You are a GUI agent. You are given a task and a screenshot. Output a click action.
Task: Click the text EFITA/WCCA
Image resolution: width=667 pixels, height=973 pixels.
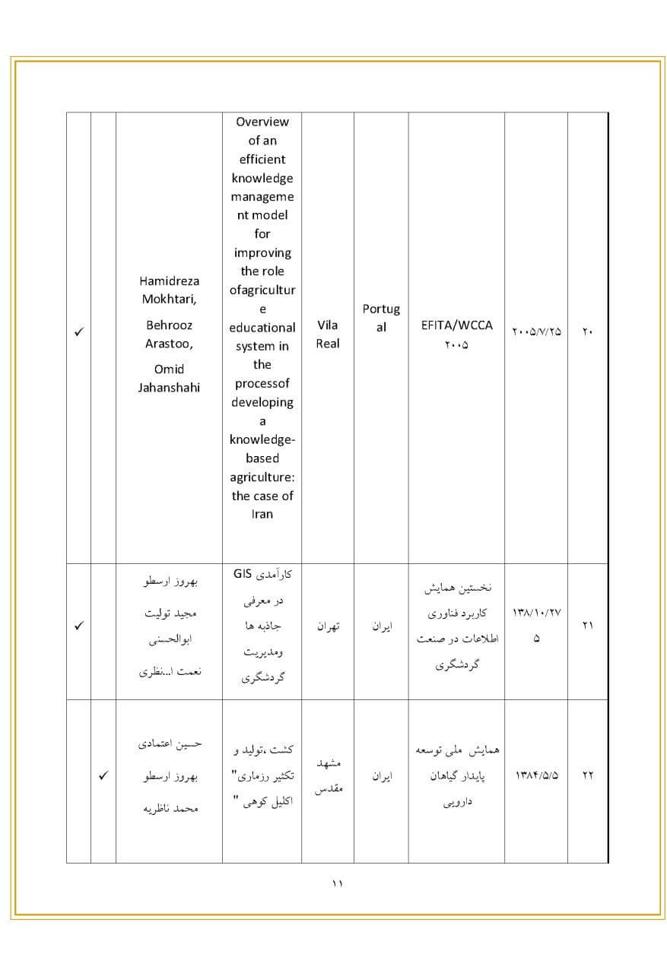point(456,325)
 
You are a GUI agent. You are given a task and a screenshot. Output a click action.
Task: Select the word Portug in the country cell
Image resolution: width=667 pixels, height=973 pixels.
point(381,309)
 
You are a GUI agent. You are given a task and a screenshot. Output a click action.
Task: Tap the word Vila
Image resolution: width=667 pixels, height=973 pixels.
point(328,325)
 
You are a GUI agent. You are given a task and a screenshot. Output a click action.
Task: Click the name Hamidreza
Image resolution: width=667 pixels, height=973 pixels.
point(170,281)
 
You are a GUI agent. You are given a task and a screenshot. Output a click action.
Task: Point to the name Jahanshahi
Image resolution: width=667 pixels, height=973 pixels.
point(169,388)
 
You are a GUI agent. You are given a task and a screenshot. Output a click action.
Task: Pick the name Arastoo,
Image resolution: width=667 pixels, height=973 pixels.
point(170,343)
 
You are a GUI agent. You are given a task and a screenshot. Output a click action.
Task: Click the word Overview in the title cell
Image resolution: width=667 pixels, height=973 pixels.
point(262,122)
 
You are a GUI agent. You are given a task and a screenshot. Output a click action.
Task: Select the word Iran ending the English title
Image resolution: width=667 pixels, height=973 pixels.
point(262,514)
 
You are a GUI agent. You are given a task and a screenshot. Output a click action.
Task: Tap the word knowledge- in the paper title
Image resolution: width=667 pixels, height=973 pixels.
point(262,439)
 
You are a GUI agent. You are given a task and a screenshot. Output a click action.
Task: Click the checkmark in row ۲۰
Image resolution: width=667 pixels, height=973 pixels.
point(78,333)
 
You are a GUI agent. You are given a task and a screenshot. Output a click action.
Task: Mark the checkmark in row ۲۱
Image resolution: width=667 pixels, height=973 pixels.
point(78,626)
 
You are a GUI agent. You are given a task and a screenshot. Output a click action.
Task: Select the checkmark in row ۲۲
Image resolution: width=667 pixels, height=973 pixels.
point(103,776)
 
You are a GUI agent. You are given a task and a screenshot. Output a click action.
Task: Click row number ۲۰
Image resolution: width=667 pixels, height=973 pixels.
point(588,332)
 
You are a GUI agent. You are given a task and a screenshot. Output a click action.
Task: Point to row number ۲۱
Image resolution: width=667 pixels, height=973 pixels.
point(588,626)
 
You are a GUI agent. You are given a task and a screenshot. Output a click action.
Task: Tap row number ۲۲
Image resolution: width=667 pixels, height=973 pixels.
point(588,775)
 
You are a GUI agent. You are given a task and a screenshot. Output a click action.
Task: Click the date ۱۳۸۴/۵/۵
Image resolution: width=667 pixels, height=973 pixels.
point(536,775)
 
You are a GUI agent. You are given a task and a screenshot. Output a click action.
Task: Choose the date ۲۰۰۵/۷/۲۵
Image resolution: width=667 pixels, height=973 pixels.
point(536,332)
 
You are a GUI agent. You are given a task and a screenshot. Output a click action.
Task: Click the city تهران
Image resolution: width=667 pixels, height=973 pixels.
point(328,626)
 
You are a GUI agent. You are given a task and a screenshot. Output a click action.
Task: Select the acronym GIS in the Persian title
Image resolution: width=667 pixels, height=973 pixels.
point(243,574)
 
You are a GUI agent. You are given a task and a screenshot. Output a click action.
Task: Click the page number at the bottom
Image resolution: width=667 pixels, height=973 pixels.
point(338,883)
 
